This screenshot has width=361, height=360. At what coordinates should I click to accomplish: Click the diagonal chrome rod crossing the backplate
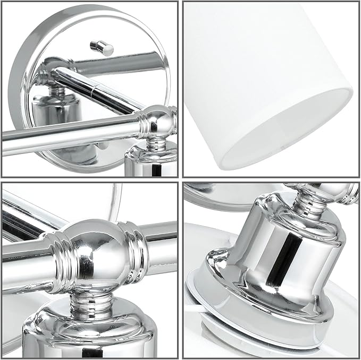coord(96,90)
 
